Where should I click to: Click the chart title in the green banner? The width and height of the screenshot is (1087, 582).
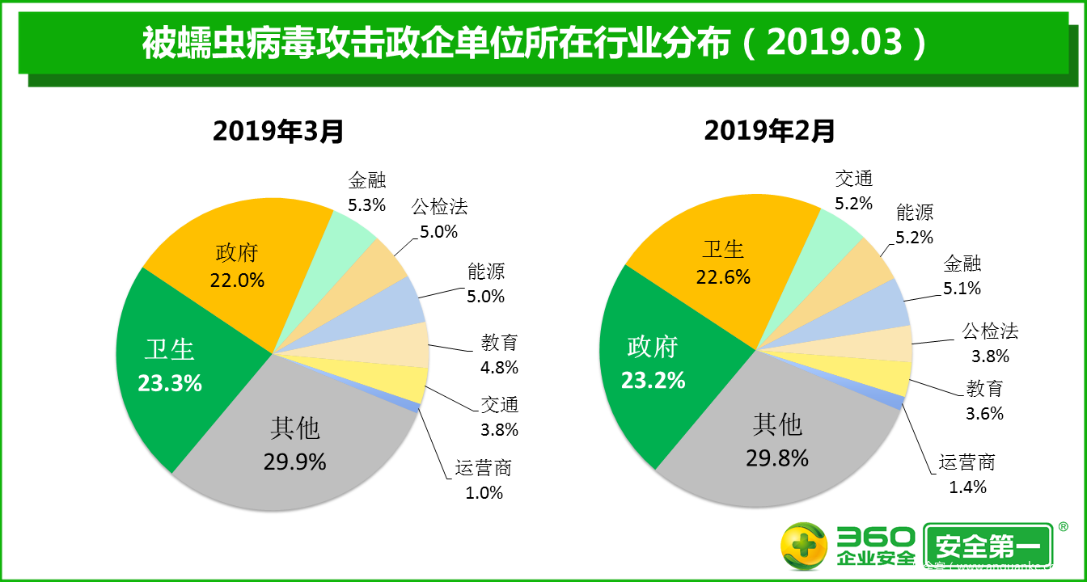point(534,42)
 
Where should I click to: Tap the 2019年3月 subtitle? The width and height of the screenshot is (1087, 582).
point(279,130)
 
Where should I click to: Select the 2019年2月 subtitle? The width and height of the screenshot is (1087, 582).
point(769,130)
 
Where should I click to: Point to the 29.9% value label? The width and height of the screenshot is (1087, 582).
point(294,462)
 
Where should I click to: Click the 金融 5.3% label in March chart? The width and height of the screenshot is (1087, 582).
point(367,192)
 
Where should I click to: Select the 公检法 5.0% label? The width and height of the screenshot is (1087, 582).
point(439,219)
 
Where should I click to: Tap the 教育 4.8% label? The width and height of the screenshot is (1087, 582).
point(499,355)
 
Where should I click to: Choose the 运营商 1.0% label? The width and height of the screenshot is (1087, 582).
point(484,479)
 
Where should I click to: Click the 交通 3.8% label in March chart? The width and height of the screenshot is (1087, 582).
point(499,417)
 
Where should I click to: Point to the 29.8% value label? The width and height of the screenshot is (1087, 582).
point(777,458)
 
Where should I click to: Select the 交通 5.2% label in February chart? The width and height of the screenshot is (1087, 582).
point(854,192)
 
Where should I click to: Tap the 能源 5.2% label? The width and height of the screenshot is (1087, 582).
point(915,225)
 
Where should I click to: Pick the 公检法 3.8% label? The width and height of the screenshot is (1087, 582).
point(990,343)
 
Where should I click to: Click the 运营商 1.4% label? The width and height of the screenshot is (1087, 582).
point(967,474)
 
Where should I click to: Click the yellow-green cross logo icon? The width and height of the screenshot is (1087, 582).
point(803,546)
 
